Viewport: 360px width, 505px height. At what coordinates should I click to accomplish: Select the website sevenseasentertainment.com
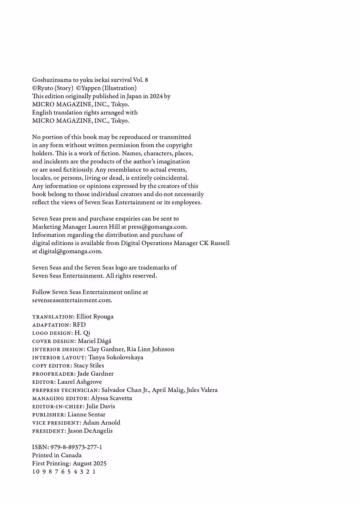click(x=72, y=300)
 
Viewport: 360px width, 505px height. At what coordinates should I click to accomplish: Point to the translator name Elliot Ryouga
click(x=95, y=316)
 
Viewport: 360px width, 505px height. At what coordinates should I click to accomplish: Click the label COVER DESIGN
click(x=54, y=341)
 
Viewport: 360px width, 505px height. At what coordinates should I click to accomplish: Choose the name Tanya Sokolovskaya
click(x=116, y=357)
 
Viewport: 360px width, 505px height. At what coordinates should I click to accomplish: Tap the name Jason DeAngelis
click(x=90, y=431)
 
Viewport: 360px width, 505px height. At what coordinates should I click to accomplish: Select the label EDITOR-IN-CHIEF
click(x=58, y=406)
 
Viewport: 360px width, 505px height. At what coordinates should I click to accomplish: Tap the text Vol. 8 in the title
click(x=140, y=80)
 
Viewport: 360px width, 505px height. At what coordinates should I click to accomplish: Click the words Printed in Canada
click(x=57, y=455)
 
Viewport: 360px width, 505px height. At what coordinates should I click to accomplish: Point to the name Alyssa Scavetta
click(x=111, y=398)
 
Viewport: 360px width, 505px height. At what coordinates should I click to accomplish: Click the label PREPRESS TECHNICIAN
click(x=65, y=390)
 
